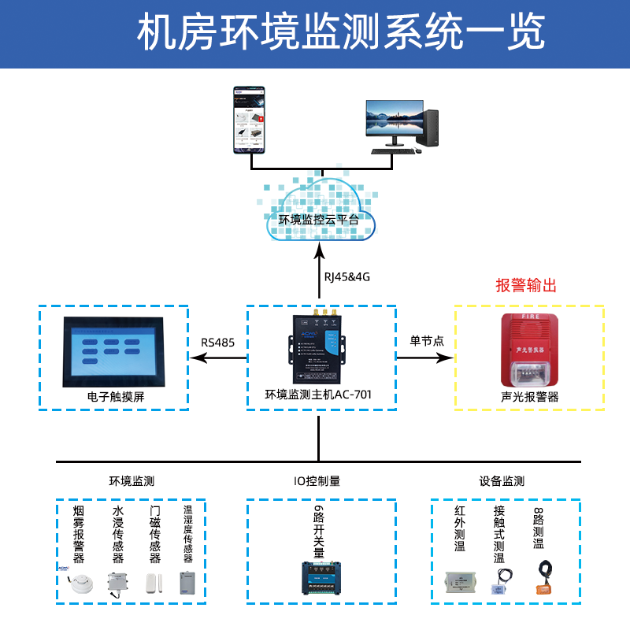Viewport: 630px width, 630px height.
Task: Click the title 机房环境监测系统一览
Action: point(315,33)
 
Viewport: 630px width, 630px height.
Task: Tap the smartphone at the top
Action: point(249,120)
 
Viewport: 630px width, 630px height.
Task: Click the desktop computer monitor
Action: point(391,124)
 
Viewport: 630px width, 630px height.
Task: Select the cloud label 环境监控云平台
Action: point(319,220)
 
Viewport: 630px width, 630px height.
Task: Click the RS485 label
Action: point(218,343)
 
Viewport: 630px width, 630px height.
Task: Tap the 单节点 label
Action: point(426,341)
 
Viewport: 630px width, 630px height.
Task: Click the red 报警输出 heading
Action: point(525,286)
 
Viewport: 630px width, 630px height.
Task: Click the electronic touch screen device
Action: point(115,351)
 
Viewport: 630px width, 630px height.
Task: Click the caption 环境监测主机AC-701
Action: point(319,395)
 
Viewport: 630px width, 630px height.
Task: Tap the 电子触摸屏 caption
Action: point(116,398)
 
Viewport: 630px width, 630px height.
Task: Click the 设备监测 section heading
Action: point(502,481)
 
